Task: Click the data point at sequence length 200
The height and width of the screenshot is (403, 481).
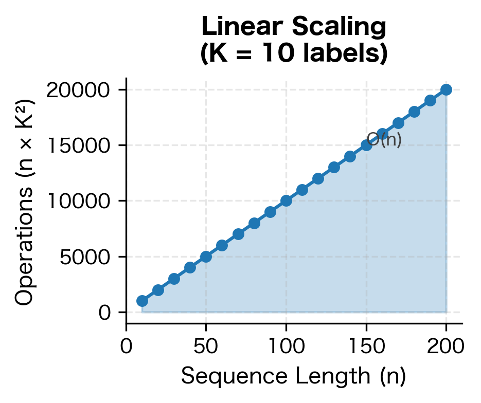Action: pyautogui.click(x=446, y=89)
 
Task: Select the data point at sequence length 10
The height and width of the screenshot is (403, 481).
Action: pyautogui.click(x=142, y=301)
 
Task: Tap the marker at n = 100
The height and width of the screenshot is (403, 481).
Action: pyautogui.click(x=286, y=200)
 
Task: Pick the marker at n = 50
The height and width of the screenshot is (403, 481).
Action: pyautogui.click(x=206, y=257)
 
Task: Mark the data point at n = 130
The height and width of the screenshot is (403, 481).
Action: pyautogui.click(x=334, y=167)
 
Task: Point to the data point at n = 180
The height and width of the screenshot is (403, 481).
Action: pyautogui.click(x=414, y=112)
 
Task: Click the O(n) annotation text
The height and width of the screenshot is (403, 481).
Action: pyautogui.click(x=385, y=139)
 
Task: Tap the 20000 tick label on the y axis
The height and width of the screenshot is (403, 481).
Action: pyautogui.click(x=79, y=90)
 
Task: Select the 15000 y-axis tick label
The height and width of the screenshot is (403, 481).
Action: pyautogui.click(x=79, y=145)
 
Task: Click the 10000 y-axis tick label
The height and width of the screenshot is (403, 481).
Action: pyautogui.click(x=79, y=201)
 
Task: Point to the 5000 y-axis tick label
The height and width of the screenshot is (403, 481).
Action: pyautogui.click(x=85, y=257)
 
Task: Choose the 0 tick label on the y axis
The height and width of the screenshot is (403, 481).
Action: pyautogui.click(x=104, y=312)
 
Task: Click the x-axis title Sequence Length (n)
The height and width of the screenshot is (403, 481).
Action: pyautogui.click(x=294, y=377)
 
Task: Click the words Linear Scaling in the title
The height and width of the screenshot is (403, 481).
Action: pyautogui.click(x=294, y=27)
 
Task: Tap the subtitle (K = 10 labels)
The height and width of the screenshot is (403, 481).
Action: pyautogui.click(x=294, y=53)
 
